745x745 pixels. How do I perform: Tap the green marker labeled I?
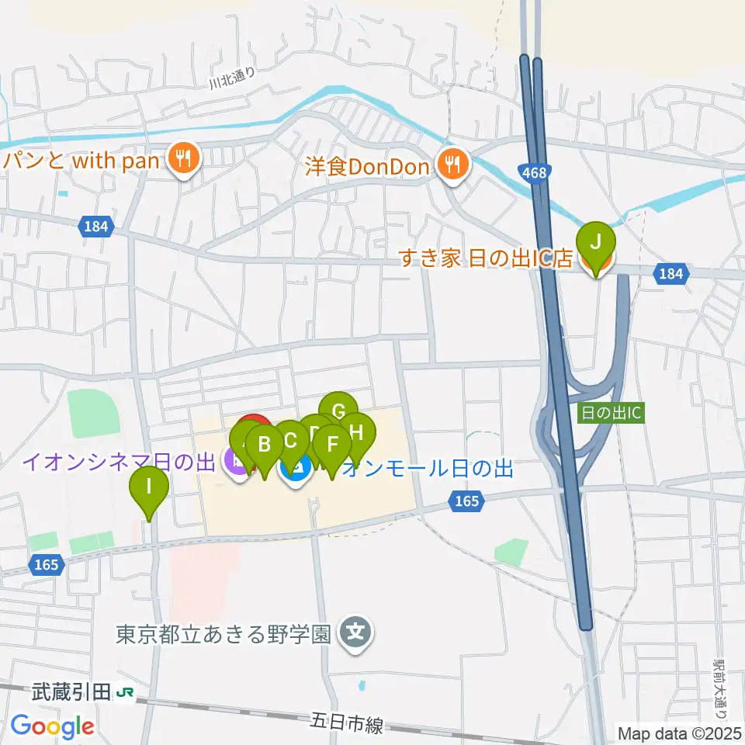[x=149, y=490]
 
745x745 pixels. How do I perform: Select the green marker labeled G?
[x=338, y=410]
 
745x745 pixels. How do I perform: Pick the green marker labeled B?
[x=264, y=445]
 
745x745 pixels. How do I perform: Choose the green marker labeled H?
[x=356, y=429]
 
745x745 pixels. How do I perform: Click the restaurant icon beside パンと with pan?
[x=184, y=161]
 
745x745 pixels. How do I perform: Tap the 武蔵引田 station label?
[x=72, y=691]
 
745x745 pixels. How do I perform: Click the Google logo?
[x=52, y=726]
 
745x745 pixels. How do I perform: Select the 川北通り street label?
[x=231, y=76]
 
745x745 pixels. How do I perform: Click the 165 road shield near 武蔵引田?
[x=47, y=565]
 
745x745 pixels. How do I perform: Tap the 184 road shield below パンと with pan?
[x=97, y=227]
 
